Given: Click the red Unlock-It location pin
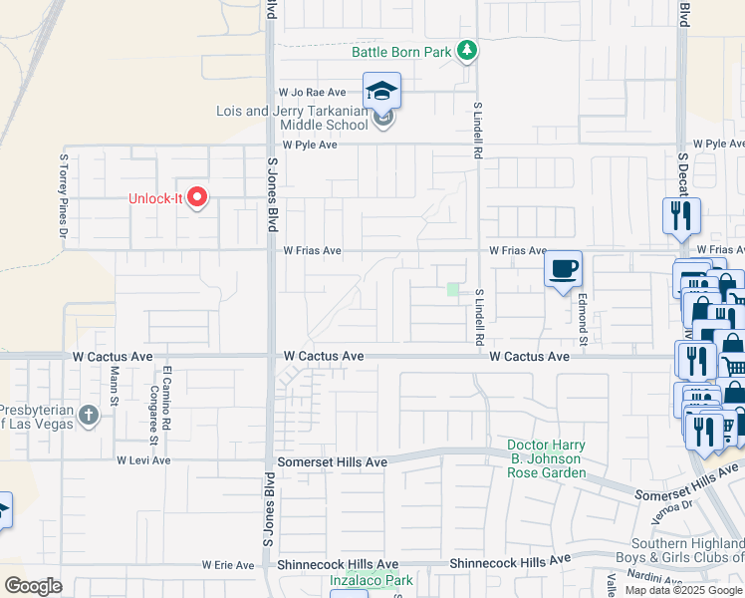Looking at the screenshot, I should click(x=197, y=197).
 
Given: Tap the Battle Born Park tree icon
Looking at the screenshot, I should click(x=466, y=51).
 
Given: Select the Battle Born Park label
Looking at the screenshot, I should click(x=401, y=52).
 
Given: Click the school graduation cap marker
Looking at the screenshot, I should click(x=381, y=92).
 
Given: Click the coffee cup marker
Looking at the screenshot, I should click(x=564, y=269).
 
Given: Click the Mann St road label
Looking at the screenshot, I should click(x=115, y=385).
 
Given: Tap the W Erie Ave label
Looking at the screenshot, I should click(x=228, y=564).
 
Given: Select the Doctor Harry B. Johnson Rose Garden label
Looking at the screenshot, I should click(x=546, y=458).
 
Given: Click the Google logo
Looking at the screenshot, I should click(x=33, y=586).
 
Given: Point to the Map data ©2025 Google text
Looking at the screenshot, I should click(x=682, y=590).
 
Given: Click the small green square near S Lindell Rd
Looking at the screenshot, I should click(x=453, y=290).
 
